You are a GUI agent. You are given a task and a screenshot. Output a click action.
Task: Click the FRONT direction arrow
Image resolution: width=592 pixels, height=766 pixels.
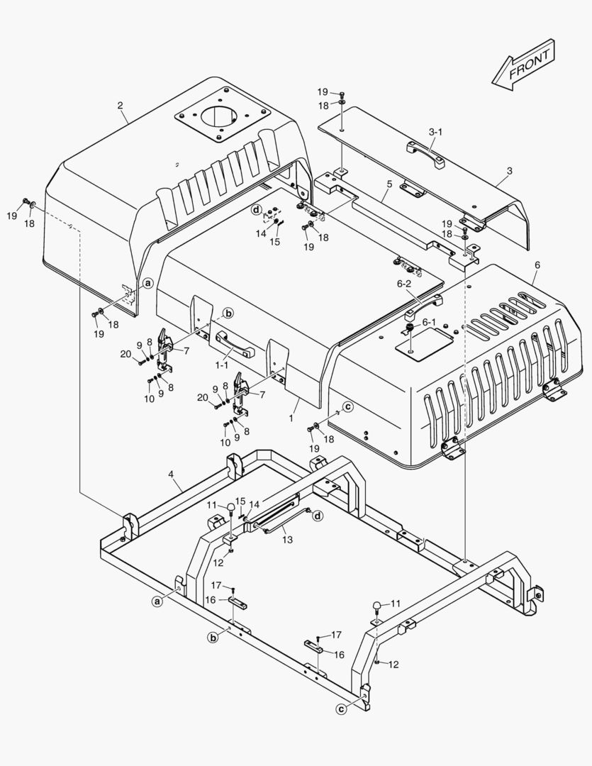524,65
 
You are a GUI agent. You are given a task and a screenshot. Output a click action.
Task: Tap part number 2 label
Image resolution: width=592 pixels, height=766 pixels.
120,105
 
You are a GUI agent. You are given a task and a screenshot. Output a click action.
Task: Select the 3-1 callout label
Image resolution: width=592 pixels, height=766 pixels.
435,132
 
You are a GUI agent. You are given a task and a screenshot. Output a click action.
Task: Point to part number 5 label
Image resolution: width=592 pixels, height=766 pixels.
389,184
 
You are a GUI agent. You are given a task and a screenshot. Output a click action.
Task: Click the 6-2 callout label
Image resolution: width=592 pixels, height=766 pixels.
404,283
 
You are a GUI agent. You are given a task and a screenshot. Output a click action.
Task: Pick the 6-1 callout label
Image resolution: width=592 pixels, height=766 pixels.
428,322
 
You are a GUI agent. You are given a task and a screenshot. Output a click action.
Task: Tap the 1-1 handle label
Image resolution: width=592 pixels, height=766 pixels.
222,365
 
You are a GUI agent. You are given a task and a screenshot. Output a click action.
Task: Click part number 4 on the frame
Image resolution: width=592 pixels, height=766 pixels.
171,474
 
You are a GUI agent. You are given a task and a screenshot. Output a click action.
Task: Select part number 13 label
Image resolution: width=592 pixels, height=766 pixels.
288,539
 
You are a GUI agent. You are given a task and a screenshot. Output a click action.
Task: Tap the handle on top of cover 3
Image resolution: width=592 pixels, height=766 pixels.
425,155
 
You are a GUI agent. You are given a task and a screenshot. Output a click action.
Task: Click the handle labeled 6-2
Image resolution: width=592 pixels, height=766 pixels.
423,306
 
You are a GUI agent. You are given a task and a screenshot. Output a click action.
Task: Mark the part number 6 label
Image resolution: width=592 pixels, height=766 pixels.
537,265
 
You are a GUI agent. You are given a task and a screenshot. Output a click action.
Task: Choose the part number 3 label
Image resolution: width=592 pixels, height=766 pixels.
510,171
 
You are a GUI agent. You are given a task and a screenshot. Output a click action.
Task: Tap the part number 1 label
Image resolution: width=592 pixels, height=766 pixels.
291,418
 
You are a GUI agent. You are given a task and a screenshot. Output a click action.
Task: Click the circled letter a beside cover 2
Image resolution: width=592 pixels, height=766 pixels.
148,282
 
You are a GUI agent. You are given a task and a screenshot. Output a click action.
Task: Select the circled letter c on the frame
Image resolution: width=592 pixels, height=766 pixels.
342,709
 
